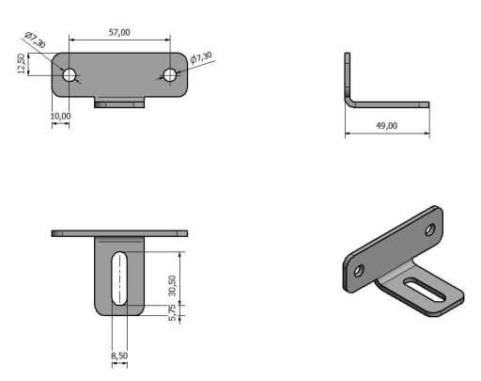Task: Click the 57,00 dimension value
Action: tap(119, 32)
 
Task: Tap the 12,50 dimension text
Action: tap(22, 64)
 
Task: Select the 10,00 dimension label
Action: tap(60, 116)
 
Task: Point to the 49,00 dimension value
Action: tap(386, 126)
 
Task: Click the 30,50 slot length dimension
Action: tap(172, 286)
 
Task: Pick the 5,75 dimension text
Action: tap(172, 312)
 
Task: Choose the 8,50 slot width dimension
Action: tap(119, 356)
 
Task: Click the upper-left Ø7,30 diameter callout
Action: tap(35, 40)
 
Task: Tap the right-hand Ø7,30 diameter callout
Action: tap(201, 57)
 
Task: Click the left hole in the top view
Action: tap(70, 75)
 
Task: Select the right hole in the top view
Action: tap(170, 75)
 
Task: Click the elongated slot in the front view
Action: tap(119, 278)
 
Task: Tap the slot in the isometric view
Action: tap(425, 290)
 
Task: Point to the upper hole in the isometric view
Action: tap(430, 230)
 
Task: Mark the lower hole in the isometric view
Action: tap(359, 270)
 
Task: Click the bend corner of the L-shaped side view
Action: tap(349, 101)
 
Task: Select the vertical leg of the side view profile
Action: tap(348, 75)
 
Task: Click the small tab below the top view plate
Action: tap(119, 103)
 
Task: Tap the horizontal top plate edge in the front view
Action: tap(119, 233)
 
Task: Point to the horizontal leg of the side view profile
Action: tap(392, 104)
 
